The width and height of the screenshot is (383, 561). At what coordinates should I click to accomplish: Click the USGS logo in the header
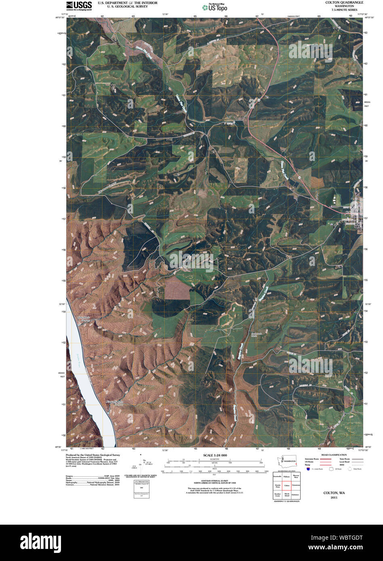point(79,5)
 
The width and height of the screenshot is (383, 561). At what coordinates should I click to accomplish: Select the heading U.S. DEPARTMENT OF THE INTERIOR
point(122,2)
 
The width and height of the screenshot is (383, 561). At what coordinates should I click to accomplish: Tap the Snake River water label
point(76,361)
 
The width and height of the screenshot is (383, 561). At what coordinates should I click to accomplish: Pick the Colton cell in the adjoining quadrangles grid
point(287,485)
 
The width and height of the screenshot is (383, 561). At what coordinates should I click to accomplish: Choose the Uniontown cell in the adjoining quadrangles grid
point(296,485)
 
